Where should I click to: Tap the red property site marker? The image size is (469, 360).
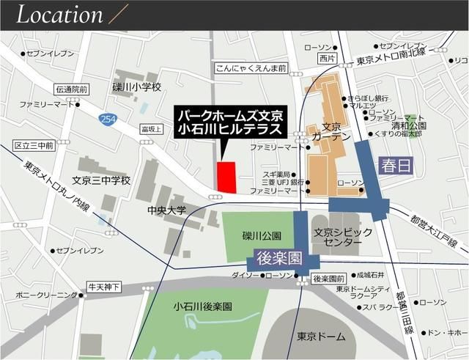click(227, 177)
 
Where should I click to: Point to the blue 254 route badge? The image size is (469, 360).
click(108, 119)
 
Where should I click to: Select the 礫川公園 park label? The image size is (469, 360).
click(262, 235)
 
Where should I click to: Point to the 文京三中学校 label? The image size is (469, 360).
click(101, 180)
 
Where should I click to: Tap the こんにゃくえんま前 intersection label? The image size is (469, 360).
click(251, 67)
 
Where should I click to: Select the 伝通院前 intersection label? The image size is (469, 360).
click(71, 89)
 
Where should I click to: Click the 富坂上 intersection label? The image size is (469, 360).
click(151, 129)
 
